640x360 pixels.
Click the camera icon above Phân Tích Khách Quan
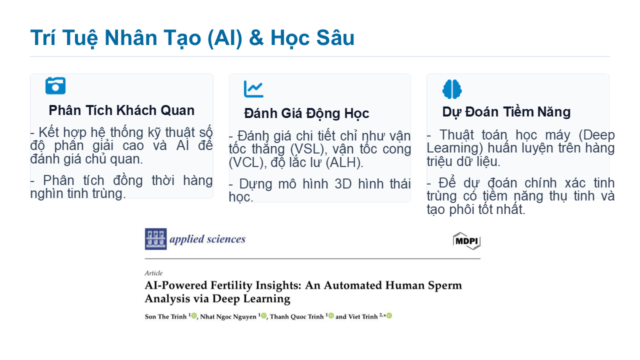pos(55,85)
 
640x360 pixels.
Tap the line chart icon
pos(253,89)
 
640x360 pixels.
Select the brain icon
pos(452,89)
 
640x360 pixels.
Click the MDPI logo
pos(466,241)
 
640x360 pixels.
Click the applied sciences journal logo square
pos(155,239)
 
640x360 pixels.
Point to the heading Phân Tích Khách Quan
pos(121,110)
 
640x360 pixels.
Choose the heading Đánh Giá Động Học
pos(306,113)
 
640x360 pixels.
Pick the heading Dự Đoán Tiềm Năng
pos(506,111)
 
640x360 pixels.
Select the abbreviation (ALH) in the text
pos(344,163)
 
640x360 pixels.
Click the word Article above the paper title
pos(153,273)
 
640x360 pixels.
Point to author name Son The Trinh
pos(165,316)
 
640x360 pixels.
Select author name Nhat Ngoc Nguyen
pos(228,316)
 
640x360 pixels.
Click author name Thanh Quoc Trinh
pos(296,316)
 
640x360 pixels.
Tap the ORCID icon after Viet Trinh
pos(389,315)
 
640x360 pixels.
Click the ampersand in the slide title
pos(256,38)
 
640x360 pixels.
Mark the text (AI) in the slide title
pos(225,38)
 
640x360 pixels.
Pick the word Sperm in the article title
pos(444,285)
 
